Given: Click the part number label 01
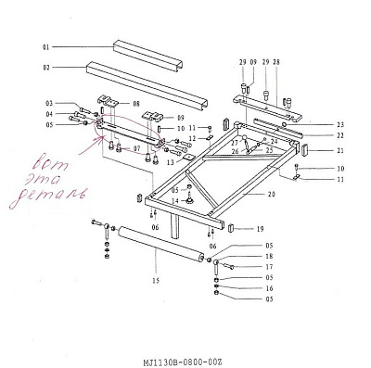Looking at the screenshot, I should tap(45, 45).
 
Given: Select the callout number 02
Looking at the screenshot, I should tap(45, 68).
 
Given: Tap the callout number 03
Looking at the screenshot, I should tap(49, 103).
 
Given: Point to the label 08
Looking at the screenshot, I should tap(135, 103).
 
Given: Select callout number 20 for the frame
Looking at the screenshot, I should tap(272, 196).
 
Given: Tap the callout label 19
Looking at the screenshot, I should tap(261, 228).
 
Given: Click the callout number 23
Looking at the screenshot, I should tap(339, 124).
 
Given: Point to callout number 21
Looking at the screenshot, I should tap(339, 150).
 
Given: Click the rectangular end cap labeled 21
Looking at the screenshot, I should tap(306, 150).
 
